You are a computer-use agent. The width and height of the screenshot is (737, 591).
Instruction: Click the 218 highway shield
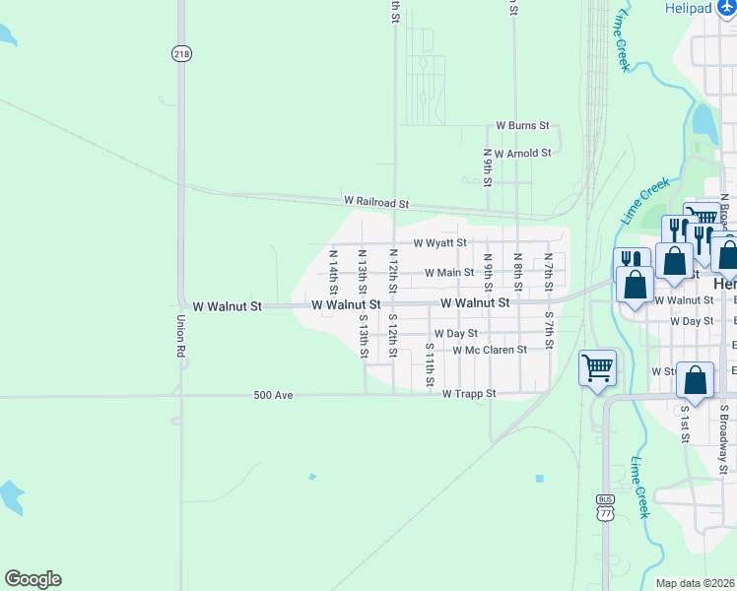click(180, 54)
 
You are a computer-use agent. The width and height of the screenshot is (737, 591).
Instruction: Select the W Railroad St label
click(375, 202)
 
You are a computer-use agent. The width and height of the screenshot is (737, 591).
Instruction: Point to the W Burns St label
click(521, 126)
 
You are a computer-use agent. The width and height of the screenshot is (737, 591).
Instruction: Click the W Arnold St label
click(522, 153)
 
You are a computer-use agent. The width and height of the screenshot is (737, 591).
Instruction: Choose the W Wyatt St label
click(439, 242)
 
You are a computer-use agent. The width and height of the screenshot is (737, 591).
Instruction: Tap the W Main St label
click(449, 273)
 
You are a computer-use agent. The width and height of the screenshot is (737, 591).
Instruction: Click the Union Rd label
click(180, 336)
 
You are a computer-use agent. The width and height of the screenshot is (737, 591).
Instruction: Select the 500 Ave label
click(272, 395)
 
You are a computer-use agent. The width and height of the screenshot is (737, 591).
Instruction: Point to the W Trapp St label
click(468, 394)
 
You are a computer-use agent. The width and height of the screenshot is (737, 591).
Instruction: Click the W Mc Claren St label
click(490, 349)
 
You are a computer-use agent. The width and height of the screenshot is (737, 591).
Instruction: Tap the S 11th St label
click(430, 364)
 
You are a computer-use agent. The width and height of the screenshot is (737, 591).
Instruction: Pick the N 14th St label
click(333, 271)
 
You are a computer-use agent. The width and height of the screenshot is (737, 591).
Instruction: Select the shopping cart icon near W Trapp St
click(597, 368)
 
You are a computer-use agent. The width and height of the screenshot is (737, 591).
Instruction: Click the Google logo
click(33, 579)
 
